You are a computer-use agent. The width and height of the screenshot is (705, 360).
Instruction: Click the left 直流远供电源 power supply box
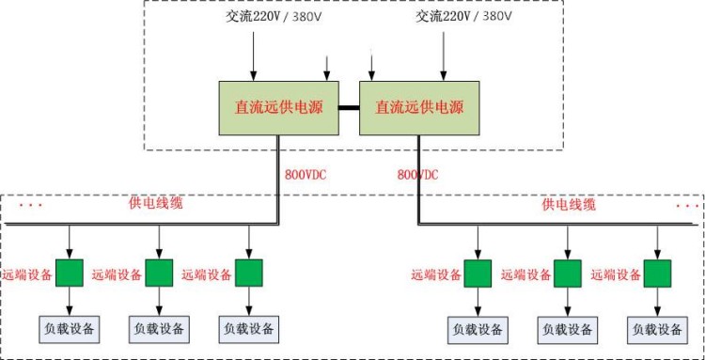click(277, 108)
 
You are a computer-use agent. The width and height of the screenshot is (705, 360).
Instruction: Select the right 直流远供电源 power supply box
click(415, 108)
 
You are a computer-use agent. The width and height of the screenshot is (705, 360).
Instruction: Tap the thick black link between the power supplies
click(349, 108)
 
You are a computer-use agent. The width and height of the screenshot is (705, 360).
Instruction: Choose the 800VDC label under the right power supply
click(419, 175)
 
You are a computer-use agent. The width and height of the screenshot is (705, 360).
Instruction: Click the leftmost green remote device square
click(70, 273)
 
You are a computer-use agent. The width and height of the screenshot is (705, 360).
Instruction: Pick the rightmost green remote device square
click(657, 274)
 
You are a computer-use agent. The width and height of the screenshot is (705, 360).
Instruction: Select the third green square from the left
click(249, 273)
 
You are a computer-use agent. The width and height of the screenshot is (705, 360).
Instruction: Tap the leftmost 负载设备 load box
click(69, 329)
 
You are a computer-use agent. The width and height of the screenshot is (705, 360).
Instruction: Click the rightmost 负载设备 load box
click(657, 330)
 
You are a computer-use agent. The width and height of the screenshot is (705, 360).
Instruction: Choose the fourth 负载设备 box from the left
click(478, 330)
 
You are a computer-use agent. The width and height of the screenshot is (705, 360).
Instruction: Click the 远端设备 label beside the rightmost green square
click(616, 274)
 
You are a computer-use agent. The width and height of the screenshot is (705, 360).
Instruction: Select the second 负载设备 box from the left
click(160, 329)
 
